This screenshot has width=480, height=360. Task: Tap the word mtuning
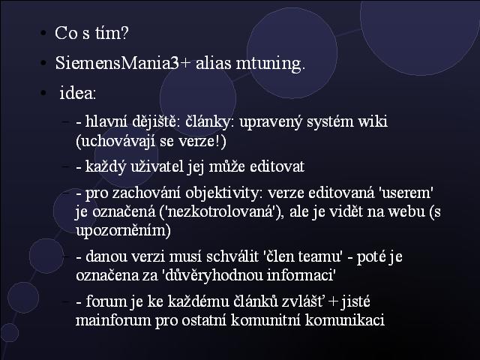(271, 64)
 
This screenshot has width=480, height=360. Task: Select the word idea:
(78, 92)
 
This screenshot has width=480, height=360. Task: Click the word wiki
(373, 121)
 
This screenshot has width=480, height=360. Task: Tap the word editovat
(277, 166)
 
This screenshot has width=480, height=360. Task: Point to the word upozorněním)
(123, 231)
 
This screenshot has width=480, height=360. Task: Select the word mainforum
(113, 320)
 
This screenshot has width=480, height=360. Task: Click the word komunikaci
(345, 320)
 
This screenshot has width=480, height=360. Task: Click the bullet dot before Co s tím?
(43, 33)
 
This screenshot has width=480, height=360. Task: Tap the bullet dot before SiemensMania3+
(43, 63)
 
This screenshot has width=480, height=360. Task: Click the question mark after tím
(124, 32)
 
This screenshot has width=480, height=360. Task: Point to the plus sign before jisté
(333, 301)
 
